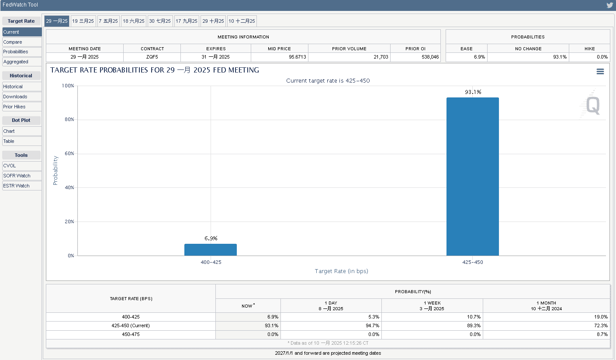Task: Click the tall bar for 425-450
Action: coord(472,177)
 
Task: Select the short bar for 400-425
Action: coord(210,249)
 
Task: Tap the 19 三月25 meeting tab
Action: coord(83,21)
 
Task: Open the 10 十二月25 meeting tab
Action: coord(242,21)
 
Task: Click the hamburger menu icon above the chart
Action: coord(600,72)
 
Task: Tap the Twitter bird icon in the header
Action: coord(610,5)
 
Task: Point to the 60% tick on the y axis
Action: coord(68,154)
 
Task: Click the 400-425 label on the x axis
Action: coord(210,263)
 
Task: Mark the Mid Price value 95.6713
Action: coord(280,57)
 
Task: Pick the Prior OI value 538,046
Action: coord(415,57)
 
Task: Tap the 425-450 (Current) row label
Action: coord(131,325)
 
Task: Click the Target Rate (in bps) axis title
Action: coord(341,271)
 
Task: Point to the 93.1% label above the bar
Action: coord(473,92)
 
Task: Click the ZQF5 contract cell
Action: coord(152,57)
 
